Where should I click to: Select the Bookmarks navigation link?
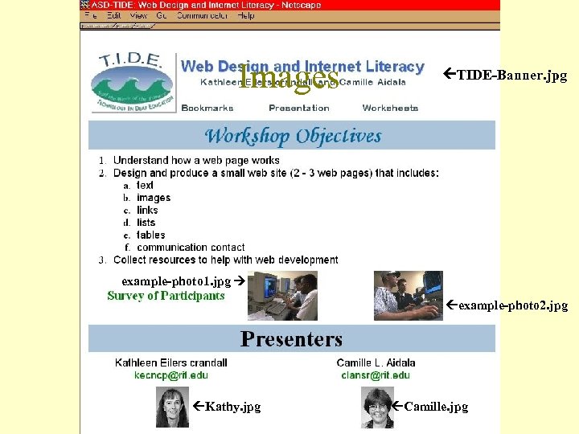[x=207, y=108]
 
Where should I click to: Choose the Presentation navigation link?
[x=299, y=108]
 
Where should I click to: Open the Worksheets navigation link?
[x=390, y=108]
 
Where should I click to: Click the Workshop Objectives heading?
[x=293, y=136]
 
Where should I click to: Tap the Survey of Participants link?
[x=166, y=296]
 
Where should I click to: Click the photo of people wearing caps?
[x=408, y=295]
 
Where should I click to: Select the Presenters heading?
[x=291, y=339]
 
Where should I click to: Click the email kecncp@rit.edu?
[x=170, y=375]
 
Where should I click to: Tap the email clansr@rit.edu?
[x=376, y=375]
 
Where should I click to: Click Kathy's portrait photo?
[x=172, y=407]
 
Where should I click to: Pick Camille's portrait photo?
[x=376, y=407]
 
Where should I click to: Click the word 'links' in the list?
[x=147, y=211]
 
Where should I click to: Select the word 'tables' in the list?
[x=150, y=235]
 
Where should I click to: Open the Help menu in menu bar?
[x=246, y=15]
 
